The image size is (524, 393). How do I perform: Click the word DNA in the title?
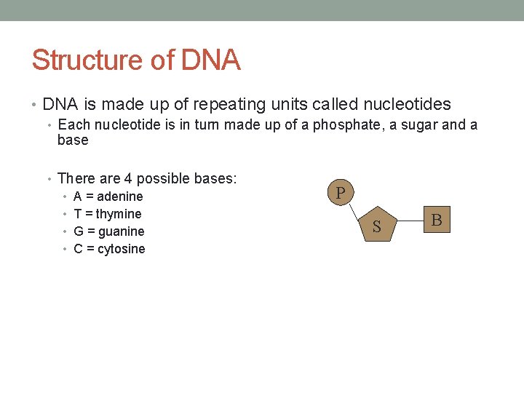210,60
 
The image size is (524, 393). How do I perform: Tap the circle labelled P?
341,194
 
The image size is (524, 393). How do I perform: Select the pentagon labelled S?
376,226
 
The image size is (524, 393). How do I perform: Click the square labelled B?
436,219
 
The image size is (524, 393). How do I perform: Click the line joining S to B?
409,222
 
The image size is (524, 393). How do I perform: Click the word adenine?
119,196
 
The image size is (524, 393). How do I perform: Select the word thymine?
119,214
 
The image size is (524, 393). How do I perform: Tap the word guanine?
121,231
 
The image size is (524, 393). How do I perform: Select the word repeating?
224,105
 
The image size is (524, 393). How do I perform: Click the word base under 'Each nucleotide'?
73,140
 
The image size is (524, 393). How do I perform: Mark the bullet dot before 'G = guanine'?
65,232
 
